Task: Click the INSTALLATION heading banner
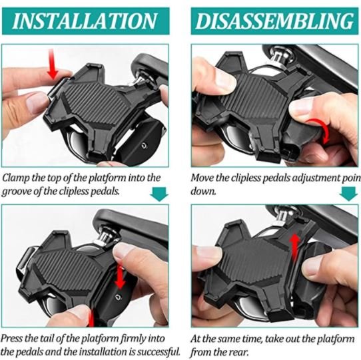tap(87, 20)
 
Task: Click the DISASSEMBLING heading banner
tap(274, 20)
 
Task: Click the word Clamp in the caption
tap(17, 178)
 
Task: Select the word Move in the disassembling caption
tap(203, 178)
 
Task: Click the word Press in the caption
tap(16, 338)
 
